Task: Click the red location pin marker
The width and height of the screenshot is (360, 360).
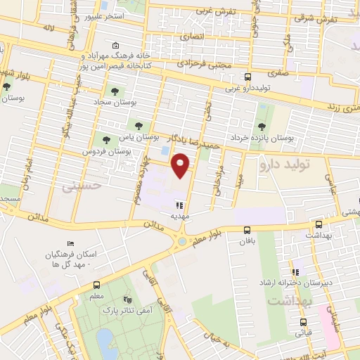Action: pos(182,166)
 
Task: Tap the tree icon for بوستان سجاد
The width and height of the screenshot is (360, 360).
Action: pos(113,91)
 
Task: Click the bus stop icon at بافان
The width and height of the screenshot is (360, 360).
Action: pos(247,230)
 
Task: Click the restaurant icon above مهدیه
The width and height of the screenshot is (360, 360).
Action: pos(180,205)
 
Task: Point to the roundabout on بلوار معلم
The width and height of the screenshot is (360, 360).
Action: pos(182,241)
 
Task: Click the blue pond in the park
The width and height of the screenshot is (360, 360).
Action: pos(105,342)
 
